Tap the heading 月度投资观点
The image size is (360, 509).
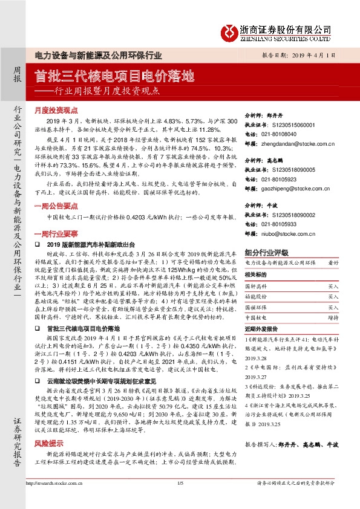pyautogui.click(x=56, y=111)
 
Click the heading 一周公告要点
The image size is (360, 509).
pyautogui.click(x=56, y=206)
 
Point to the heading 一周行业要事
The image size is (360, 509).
pyautogui.click(x=56, y=233)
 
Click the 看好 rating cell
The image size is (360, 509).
pyautogui.click(x=333, y=264)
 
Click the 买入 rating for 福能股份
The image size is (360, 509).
pyautogui.click(x=333, y=297)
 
